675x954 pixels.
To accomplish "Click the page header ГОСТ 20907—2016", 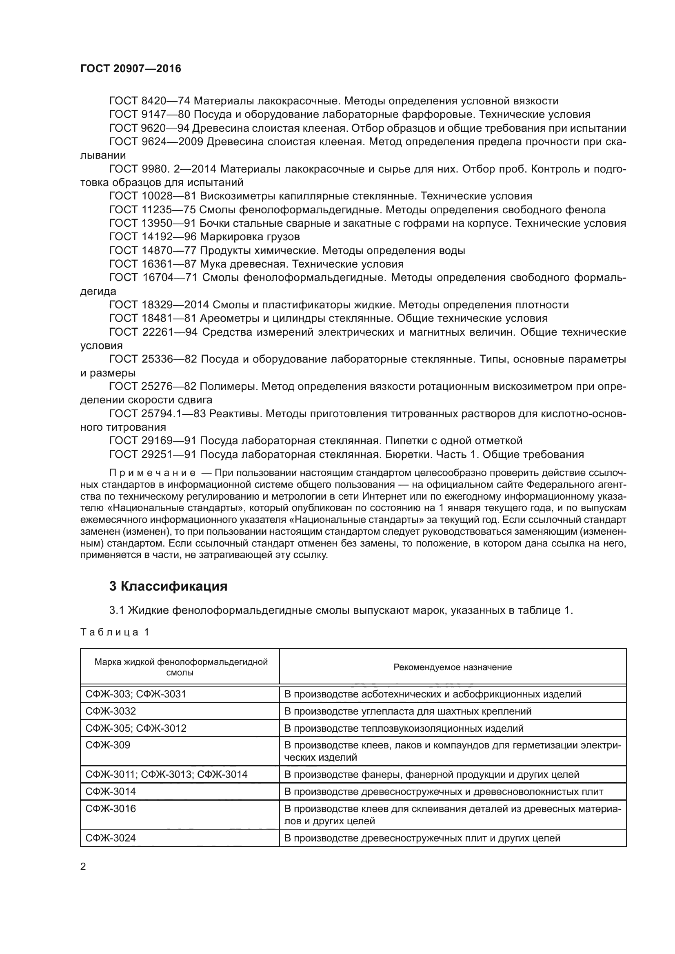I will [131, 69].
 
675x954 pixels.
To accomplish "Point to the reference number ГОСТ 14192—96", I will [153, 237].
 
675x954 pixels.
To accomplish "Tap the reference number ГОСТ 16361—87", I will [153, 264].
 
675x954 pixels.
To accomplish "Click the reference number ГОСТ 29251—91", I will [153, 454].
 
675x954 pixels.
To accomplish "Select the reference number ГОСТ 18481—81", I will [153, 319].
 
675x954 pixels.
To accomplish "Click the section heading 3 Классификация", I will [168, 587].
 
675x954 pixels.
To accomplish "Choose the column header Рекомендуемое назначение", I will [452, 667].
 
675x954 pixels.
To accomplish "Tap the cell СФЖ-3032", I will [111, 711].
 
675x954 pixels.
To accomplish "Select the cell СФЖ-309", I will [108, 746].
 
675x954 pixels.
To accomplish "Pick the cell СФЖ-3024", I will [111, 839].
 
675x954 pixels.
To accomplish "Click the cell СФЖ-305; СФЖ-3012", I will [136, 728].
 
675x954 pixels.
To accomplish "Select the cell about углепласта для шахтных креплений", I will [407, 711].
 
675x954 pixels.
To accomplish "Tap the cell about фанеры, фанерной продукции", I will [431, 775].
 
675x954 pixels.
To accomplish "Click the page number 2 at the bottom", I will [83, 867].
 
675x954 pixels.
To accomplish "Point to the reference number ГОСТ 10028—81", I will [153, 196].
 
